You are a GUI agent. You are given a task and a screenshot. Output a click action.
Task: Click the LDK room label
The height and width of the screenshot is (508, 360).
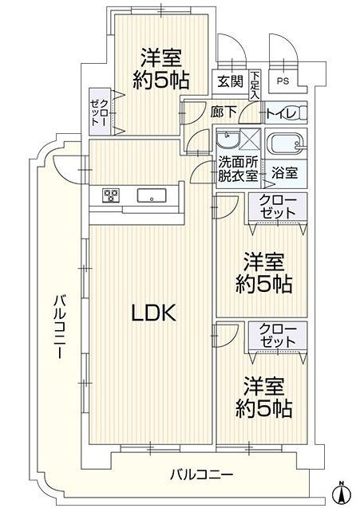coord(153,313)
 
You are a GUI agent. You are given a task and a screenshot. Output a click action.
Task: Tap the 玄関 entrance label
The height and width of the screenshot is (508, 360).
coord(230,81)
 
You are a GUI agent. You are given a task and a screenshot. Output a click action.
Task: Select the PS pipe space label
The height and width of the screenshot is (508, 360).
coord(283,81)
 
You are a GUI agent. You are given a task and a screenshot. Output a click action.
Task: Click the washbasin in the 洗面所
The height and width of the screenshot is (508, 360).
coord(227,140)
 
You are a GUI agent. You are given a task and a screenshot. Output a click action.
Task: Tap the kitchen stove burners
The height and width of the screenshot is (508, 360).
coord(111,195)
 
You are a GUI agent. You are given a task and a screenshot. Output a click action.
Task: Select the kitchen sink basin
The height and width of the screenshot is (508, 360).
coord(152,195)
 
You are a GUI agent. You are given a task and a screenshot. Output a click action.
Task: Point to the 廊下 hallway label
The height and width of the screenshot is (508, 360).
coord(223,112)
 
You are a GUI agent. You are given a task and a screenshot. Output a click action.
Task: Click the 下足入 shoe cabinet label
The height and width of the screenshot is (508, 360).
coord(255,85)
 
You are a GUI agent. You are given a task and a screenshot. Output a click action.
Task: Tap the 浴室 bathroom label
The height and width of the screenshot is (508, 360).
coord(284,173)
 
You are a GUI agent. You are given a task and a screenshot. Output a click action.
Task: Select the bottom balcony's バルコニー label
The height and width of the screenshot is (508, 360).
coord(202,475)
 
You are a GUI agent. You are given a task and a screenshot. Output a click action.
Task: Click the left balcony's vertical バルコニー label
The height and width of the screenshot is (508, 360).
coord(60,326)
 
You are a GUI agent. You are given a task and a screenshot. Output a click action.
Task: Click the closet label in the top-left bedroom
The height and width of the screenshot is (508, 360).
coord(100,112)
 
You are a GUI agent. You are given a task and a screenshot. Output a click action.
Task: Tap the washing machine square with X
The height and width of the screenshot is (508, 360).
coord(251,139)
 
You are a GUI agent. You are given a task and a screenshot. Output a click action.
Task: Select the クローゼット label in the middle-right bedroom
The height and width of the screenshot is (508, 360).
coord(278,207)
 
